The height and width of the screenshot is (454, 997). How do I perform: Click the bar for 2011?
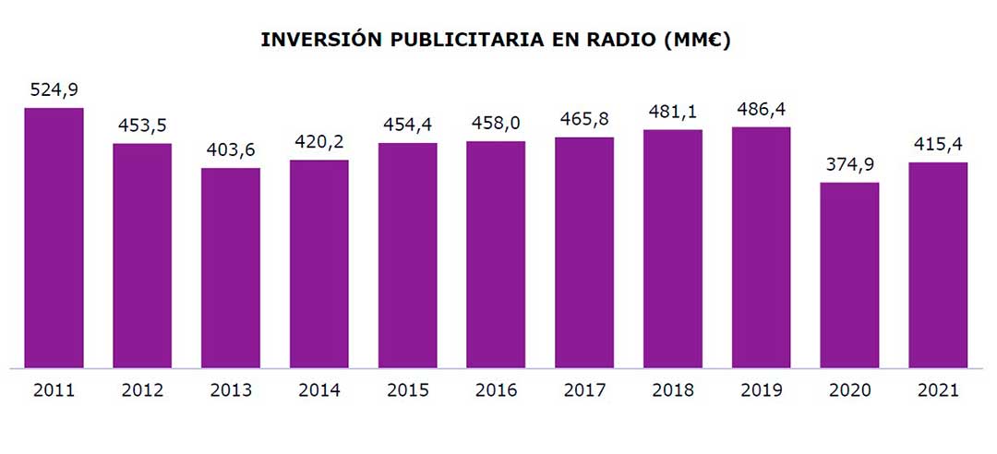(x=54, y=238)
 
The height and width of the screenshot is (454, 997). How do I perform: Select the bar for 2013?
(x=231, y=268)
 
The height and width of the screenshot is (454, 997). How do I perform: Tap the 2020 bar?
(x=849, y=275)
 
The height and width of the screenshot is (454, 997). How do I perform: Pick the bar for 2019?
(x=761, y=247)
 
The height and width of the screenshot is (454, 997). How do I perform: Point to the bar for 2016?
(x=496, y=255)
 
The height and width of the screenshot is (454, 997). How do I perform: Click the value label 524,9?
(x=54, y=90)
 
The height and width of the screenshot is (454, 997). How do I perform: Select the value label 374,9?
(x=849, y=165)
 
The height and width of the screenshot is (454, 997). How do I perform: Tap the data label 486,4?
(x=761, y=110)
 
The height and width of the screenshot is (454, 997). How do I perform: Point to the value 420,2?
(x=319, y=143)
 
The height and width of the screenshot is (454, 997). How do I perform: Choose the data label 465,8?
(x=584, y=120)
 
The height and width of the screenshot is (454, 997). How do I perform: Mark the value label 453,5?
(x=142, y=125)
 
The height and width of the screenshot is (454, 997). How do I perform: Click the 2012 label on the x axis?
(x=142, y=390)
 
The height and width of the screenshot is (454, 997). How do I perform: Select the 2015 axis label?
(x=408, y=390)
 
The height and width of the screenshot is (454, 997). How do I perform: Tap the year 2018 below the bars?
(x=673, y=390)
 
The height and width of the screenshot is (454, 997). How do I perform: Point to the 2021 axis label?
(x=938, y=390)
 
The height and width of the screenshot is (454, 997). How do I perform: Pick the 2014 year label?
(x=319, y=390)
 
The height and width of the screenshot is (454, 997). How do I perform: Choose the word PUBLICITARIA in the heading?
(x=450, y=41)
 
